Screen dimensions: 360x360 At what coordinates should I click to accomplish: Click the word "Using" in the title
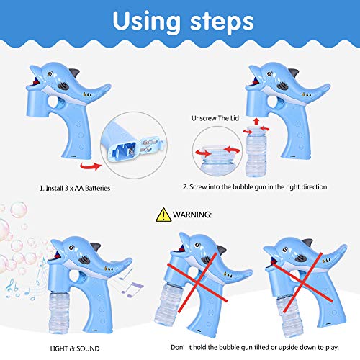(x=147, y=22)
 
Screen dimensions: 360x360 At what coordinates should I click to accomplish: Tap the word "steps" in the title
(x=222, y=22)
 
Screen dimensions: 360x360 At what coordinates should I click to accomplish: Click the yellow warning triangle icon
(x=163, y=215)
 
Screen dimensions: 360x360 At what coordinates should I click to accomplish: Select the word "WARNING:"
(x=192, y=215)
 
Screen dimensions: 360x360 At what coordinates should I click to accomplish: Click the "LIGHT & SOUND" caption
(x=75, y=348)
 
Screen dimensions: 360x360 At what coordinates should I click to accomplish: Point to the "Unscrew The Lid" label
(x=215, y=118)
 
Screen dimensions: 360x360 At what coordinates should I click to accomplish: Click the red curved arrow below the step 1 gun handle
(x=91, y=166)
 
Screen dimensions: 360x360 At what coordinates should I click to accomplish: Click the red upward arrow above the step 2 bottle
(x=256, y=121)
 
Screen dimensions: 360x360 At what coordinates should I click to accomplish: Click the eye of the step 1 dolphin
(x=50, y=73)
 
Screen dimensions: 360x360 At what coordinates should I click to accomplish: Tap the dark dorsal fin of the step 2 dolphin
(x=294, y=73)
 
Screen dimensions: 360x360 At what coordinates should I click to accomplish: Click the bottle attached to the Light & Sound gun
(x=59, y=313)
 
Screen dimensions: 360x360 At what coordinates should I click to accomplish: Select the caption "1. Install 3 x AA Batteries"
(x=75, y=188)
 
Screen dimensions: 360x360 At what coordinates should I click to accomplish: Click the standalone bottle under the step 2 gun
(x=256, y=151)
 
